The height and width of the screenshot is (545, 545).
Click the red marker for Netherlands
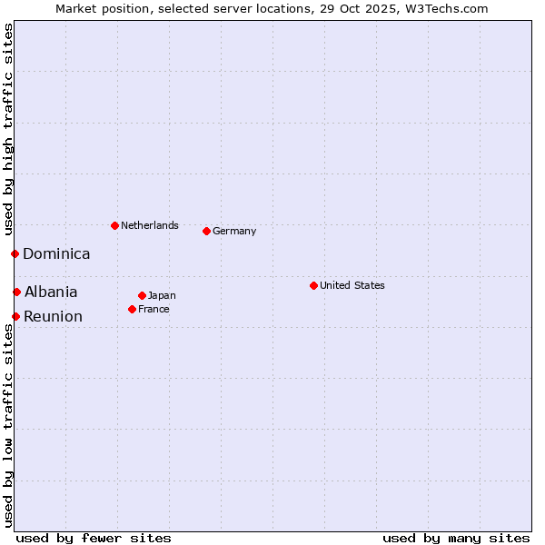click(x=114, y=225)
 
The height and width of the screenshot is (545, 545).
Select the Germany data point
click(x=206, y=231)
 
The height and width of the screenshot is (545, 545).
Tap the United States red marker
click(x=313, y=285)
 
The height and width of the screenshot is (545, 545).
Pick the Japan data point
click(x=142, y=295)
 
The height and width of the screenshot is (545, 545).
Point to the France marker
click(x=132, y=309)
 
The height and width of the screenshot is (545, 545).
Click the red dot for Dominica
click(x=15, y=253)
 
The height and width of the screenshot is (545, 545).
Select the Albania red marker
click(x=16, y=292)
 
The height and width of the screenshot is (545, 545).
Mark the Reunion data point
click(x=15, y=316)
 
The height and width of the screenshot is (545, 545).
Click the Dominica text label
click(x=56, y=254)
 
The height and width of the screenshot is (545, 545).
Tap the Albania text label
click(x=51, y=292)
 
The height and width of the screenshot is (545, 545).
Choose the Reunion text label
click(x=53, y=317)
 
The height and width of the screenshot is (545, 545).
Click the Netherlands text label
click(x=150, y=225)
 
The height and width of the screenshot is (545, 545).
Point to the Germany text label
click(x=234, y=232)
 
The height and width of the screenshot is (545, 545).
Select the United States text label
click(x=352, y=285)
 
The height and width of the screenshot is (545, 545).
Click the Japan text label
click(x=162, y=296)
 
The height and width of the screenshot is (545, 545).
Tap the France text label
click(x=154, y=310)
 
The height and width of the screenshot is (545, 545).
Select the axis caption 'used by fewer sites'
click(x=94, y=538)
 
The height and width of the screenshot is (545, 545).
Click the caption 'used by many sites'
click(x=456, y=538)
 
